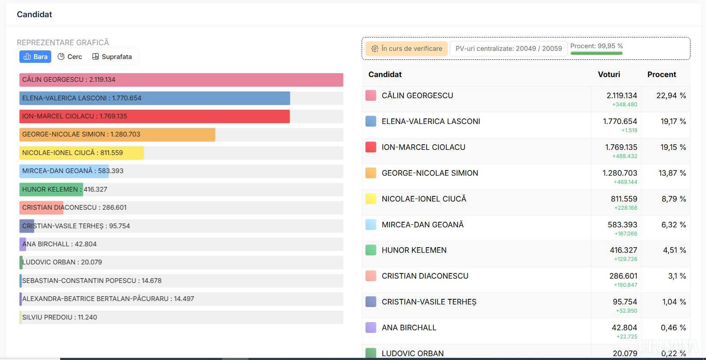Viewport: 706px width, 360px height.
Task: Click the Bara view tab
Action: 35,57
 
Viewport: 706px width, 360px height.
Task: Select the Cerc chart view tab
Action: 70,57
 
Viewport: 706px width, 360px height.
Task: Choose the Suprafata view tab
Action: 112,57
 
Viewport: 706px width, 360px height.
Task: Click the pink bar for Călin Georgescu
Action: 181,80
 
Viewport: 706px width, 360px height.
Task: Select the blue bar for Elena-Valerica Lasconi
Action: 155,98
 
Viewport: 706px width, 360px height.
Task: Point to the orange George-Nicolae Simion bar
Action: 117,134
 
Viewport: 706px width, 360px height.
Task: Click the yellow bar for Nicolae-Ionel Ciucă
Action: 81,153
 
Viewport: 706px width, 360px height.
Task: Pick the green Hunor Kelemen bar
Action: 51,189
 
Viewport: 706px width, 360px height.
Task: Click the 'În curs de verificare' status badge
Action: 407,49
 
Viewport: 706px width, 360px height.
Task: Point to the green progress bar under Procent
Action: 596,53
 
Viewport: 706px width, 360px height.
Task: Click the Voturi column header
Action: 609,74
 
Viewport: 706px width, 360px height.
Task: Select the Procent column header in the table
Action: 661,74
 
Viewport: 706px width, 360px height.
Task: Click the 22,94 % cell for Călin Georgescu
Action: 671,96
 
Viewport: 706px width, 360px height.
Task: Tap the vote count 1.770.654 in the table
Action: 620,121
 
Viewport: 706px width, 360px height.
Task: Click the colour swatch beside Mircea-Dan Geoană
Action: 371,224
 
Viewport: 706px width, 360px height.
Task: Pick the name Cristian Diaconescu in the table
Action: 425,276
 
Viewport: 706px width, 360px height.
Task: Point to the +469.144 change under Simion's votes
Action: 625,182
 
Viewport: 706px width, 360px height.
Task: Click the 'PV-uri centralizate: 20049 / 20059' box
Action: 508,49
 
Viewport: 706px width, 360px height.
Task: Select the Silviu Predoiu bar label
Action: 59,317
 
